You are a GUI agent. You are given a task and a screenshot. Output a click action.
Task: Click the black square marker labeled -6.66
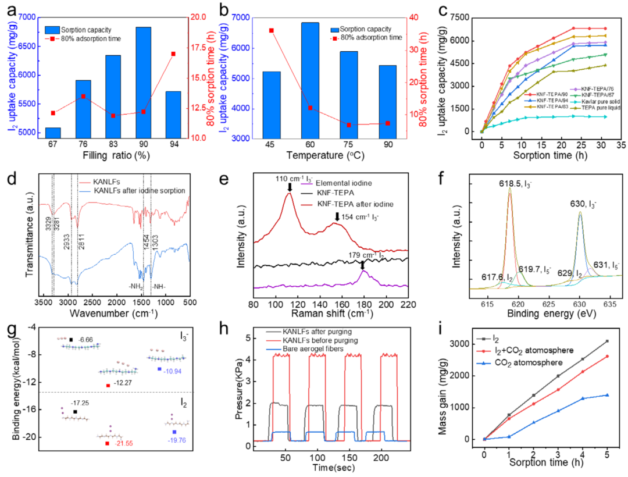pos(71,340)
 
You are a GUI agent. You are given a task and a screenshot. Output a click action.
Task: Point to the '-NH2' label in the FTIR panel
pos(134,286)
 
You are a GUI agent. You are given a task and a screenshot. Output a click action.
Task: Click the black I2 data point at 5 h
pos(607,341)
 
